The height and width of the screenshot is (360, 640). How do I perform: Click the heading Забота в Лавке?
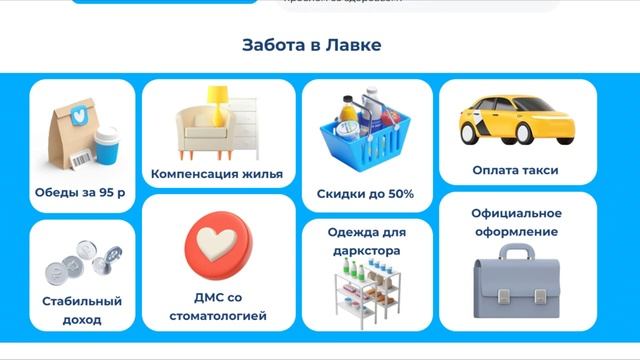click(x=311, y=46)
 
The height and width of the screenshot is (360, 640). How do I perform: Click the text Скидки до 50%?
click(x=365, y=194)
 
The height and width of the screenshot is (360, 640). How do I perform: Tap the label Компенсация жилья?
click(x=217, y=174)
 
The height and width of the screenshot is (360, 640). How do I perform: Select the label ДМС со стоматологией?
click(x=217, y=306)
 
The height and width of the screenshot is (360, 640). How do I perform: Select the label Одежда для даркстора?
click(x=367, y=241)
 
